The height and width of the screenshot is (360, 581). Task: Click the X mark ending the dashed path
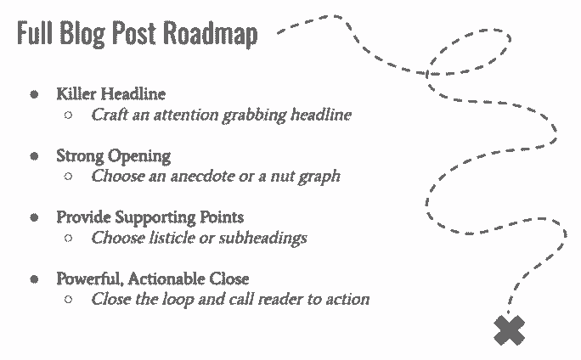click(508, 330)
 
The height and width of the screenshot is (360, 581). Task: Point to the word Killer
click(75, 94)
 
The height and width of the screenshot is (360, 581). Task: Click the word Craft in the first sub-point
click(110, 115)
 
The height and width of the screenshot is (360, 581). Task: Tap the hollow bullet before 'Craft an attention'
click(69, 115)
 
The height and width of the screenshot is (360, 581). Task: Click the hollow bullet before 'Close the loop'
click(69, 300)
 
